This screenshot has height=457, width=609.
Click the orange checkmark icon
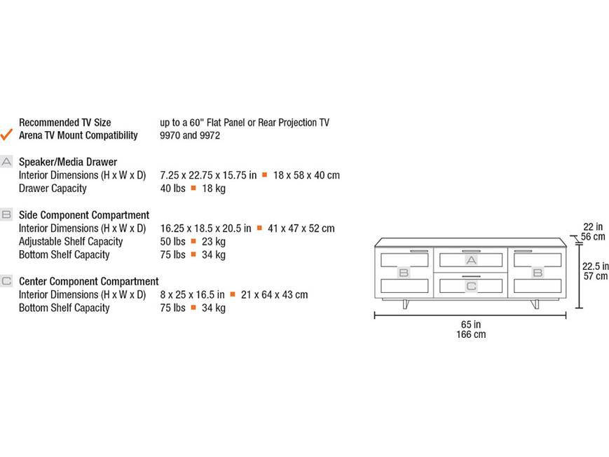6,135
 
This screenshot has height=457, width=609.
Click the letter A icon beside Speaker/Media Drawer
6,162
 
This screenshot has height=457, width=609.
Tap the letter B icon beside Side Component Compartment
6,214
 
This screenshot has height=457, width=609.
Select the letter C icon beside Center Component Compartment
6,280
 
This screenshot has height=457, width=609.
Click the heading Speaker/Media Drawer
68,162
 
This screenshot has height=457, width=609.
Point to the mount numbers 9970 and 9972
190,135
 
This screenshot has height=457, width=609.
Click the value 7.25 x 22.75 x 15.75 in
208,175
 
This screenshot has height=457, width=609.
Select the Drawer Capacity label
53,189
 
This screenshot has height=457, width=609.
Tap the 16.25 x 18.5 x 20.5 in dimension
205,228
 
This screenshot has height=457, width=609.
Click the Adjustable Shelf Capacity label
71,242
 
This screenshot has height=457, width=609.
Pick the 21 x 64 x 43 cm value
274,295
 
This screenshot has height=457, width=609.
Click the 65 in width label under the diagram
471,324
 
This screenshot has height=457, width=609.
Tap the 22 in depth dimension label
593,226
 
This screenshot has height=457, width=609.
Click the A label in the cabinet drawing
471,260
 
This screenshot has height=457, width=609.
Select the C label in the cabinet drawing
471,287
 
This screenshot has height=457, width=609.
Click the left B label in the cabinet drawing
404,273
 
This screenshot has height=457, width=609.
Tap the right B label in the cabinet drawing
538,273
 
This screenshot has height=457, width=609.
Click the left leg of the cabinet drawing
406,304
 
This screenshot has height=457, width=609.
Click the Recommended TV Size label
65,123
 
